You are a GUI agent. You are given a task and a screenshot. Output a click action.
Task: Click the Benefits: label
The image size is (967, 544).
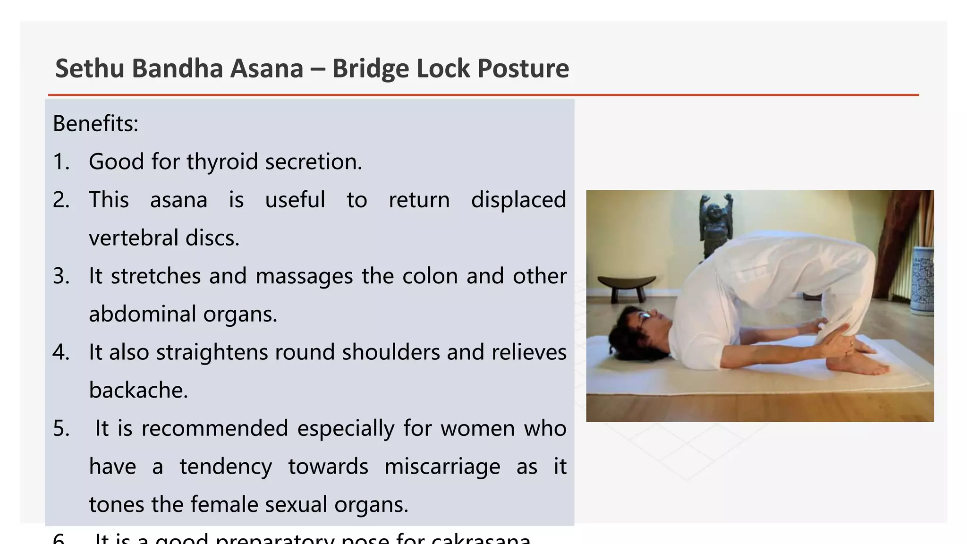click(x=95, y=124)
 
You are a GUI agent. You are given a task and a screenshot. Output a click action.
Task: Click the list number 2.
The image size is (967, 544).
click(x=61, y=200)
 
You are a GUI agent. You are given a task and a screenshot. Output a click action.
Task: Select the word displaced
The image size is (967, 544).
click(x=518, y=200)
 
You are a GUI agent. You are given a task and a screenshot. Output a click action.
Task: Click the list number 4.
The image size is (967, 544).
click(x=61, y=353)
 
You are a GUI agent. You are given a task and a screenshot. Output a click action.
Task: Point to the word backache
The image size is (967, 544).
click(x=138, y=391)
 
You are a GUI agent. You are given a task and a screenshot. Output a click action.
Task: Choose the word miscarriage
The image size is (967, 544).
click(x=442, y=467)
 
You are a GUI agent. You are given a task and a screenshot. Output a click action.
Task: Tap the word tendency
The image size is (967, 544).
click(x=226, y=467)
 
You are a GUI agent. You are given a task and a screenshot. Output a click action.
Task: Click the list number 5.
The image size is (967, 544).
click(x=61, y=429)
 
